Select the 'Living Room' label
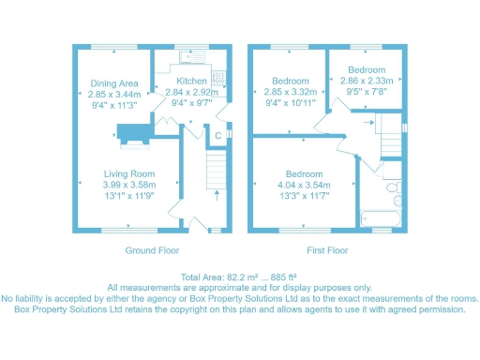point(128,173)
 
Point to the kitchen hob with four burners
point(218,78)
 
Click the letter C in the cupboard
point(217,138)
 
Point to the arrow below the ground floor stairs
point(217,196)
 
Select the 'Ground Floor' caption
point(152,251)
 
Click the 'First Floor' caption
point(328,251)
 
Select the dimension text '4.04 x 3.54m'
point(305,185)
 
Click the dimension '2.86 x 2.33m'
point(367,82)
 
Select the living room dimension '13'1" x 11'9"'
point(128,196)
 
